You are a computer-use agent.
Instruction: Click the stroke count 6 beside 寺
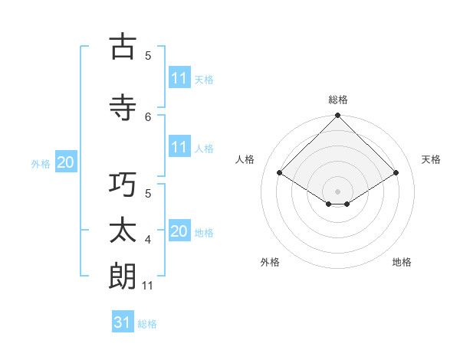[148, 116]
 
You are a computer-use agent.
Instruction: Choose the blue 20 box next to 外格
[66, 162]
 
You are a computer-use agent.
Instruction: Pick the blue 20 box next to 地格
[179, 231]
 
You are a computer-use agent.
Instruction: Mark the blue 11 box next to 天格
[179, 78]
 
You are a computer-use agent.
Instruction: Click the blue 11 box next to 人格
[179, 147]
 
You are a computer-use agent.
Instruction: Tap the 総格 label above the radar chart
[338, 100]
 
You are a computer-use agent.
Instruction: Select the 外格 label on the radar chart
[270, 262]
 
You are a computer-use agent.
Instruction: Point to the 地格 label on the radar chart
[402, 262]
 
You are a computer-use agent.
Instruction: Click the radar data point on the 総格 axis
[337, 116]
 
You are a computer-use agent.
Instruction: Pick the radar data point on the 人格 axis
[280, 173]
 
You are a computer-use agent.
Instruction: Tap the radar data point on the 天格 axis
[396, 173]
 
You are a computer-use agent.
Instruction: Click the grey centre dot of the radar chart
[337, 191]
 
